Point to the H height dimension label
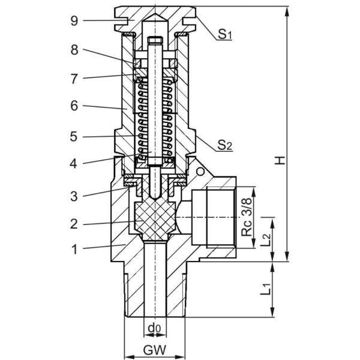click(280, 160)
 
